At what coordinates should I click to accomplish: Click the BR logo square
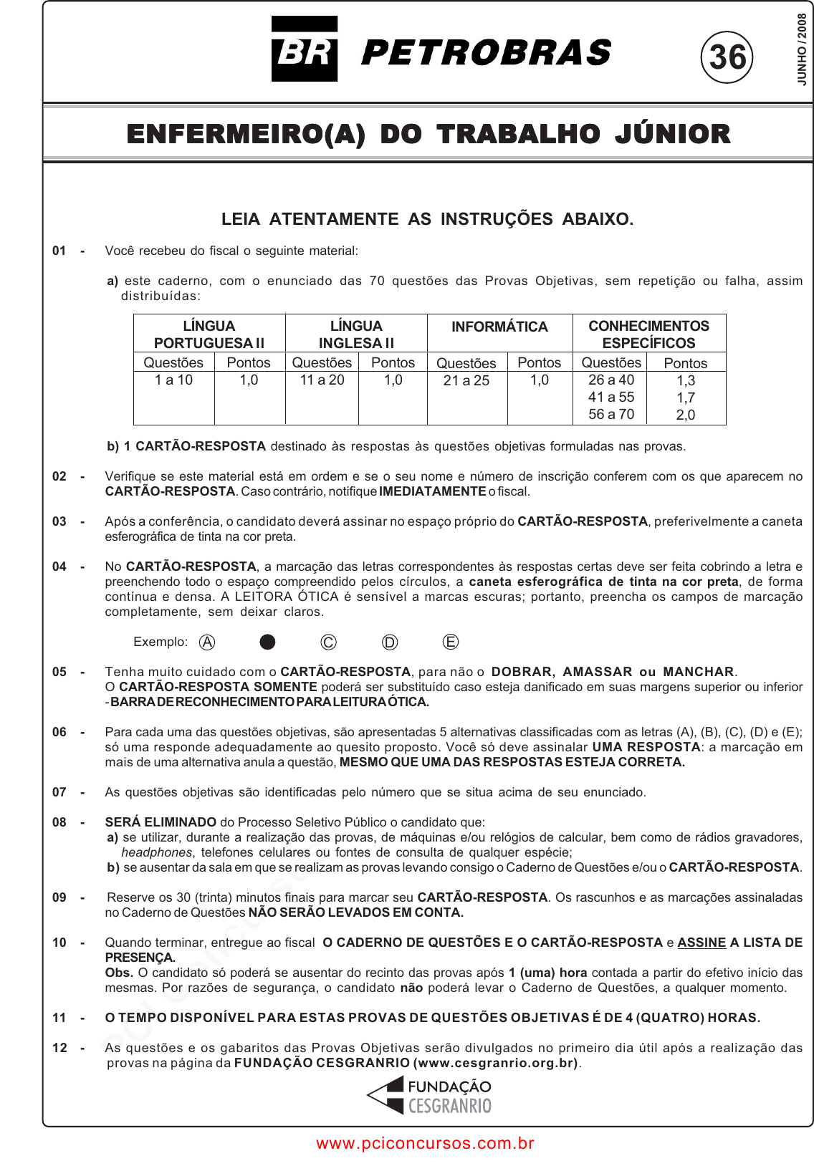pos(304,49)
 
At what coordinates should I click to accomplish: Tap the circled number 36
pos(727,57)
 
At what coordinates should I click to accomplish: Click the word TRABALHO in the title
pos(518,134)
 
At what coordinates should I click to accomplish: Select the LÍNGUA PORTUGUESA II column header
pos(209,334)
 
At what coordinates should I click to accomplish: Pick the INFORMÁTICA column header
pos(499,327)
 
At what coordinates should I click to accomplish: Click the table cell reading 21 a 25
pos(466,381)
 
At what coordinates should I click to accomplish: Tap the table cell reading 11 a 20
pos(322,380)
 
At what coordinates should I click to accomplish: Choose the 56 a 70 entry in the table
pos(611,414)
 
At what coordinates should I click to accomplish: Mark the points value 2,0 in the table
pos(686,415)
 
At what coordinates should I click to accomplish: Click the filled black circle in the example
pos(267,642)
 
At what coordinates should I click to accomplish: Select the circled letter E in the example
pos(451,642)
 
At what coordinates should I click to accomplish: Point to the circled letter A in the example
pos(207,642)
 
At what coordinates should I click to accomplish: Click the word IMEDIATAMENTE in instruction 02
pos(432,491)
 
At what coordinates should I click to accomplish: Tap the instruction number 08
pos(59,822)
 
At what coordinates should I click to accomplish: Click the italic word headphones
pos(156,852)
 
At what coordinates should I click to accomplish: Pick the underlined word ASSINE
pos(702,943)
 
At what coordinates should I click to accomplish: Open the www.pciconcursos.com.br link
pos(425,1143)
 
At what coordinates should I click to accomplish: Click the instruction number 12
pos(59,1048)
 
